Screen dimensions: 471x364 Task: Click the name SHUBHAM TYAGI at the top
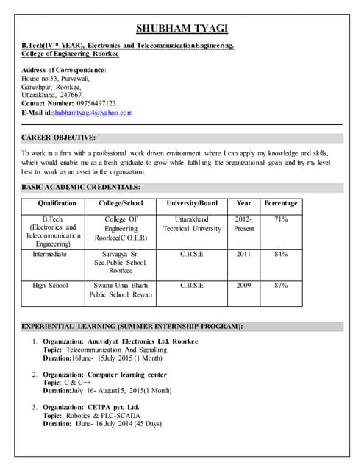[182, 29]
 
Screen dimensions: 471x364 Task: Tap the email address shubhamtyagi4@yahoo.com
[92, 113]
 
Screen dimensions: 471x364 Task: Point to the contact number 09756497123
[91, 103]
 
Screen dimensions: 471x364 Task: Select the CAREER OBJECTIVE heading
[58, 138]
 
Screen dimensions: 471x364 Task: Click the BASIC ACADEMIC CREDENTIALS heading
[81, 188]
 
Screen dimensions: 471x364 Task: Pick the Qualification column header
[57, 203]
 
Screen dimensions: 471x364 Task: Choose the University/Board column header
[192, 203]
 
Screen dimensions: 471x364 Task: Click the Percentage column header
[280, 203]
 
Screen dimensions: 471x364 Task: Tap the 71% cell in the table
[280, 219]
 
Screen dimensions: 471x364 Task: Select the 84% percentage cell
[280, 254]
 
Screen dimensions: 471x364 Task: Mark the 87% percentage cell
[280, 285]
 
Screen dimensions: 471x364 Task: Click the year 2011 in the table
[243, 254]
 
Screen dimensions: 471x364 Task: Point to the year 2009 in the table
[243, 285]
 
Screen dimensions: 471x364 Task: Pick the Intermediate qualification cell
[49, 254]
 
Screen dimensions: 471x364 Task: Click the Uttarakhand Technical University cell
[192, 224]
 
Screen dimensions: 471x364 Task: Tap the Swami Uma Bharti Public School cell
[121, 289]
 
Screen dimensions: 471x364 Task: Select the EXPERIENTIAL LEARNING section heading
[132, 326]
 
